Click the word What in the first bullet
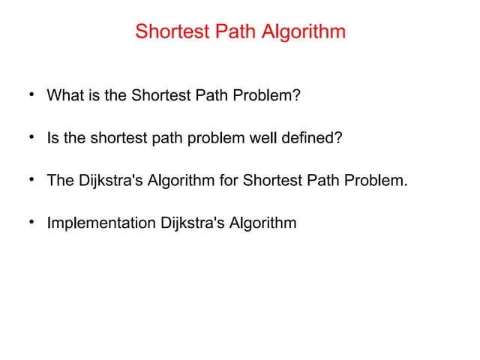pyautogui.click(x=62, y=96)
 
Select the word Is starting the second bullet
pyautogui.click(x=52, y=139)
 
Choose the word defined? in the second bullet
pyautogui.click(x=310, y=139)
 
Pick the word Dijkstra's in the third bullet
pyautogui.click(x=109, y=181)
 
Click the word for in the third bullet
pyautogui.click(x=227, y=181)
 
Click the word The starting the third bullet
pyautogui.click(x=60, y=181)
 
